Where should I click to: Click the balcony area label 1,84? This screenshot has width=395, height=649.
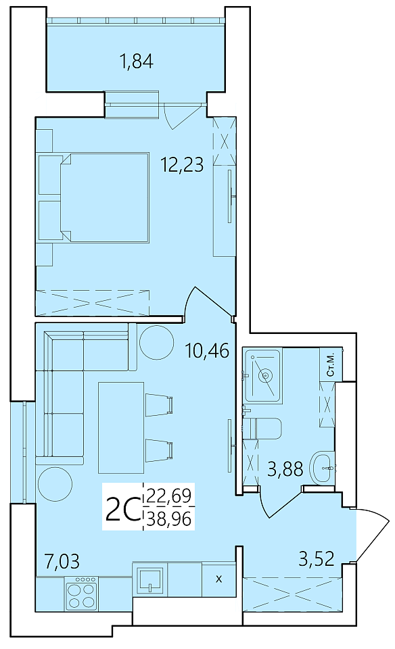click(137, 62)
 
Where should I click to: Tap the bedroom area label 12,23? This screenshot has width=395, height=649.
click(183, 165)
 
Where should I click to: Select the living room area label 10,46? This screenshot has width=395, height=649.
click(208, 351)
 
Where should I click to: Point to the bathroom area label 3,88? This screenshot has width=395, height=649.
click(285, 468)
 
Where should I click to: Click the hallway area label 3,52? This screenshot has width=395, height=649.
click(317, 559)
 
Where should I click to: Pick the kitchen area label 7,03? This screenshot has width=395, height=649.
click(62, 562)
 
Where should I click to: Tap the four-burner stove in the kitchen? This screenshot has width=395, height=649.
click(82, 592)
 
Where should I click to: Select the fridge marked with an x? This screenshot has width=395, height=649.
click(218, 579)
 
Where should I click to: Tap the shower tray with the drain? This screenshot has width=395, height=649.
click(263, 375)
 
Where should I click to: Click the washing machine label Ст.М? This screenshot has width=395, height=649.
click(331, 364)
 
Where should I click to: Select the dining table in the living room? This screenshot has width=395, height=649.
click(121, 427)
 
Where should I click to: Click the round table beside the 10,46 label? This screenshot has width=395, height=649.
click(156, 342)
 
